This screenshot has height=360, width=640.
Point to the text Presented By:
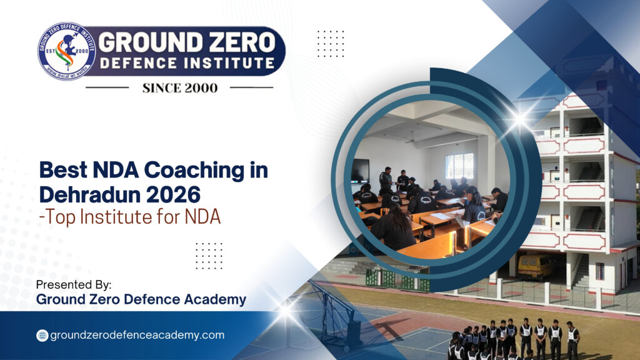click(74, 284)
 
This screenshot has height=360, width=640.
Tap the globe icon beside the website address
click(42, 335)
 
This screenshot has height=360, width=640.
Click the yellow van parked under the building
click(535, 266)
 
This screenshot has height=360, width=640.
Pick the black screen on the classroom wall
click(360, 171)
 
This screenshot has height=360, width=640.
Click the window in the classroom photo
click(459, 166)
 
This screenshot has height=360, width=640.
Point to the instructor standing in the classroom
click(386, 181)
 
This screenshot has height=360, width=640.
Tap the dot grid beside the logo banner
click(330, 43)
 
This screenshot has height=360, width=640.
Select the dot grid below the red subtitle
click(209, 255)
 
